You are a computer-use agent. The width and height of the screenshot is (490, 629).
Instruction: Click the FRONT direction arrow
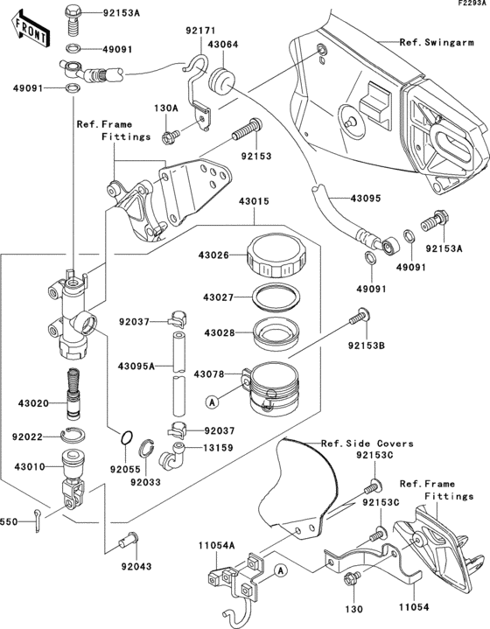27,31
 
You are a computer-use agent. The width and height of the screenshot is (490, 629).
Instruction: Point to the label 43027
216,297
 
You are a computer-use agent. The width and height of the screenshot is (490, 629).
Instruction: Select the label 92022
30,435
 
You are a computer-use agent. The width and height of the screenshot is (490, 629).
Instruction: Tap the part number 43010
30,467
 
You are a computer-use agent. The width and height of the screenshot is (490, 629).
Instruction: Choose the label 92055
126,469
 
